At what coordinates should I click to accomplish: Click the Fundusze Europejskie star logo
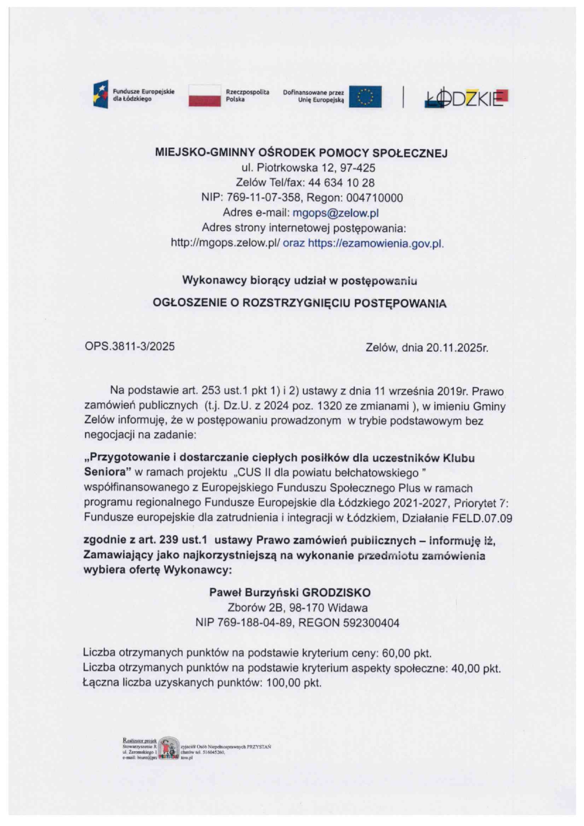101,94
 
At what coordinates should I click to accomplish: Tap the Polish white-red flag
204,96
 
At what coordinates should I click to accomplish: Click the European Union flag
365,97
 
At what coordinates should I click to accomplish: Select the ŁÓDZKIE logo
466,97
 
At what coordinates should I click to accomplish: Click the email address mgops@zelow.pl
335,213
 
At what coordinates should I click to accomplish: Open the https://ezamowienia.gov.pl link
375,243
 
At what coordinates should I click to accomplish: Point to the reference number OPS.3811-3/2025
130,347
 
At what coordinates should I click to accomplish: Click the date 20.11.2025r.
457,348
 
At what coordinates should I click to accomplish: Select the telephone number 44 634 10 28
341,183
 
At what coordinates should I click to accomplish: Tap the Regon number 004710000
374,198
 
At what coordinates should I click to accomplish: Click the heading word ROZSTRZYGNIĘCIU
297,303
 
